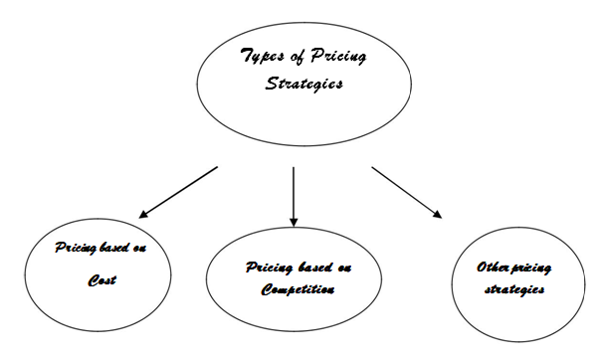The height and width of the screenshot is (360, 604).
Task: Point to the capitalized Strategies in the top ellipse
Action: click(x=303, y=85)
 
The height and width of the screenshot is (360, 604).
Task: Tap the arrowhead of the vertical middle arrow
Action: click(x=294, y=221)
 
